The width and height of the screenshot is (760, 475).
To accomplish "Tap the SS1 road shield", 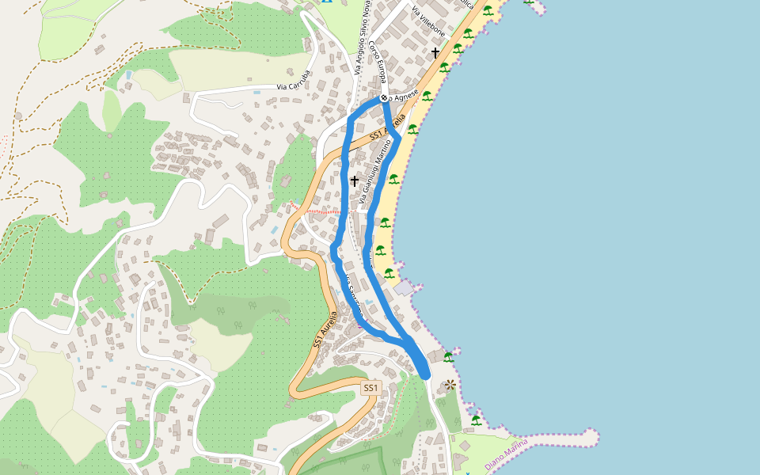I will point(371,388).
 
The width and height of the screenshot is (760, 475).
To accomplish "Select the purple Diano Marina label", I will point(507,457).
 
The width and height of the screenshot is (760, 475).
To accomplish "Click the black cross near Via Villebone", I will point(435,53).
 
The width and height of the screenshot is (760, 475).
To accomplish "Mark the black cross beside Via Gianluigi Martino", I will point(355,181).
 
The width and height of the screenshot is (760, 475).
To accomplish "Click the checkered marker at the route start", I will point(384,97).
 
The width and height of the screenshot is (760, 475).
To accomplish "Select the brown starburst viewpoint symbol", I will point(450,385).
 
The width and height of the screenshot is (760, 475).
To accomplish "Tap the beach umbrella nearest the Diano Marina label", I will point(476,420).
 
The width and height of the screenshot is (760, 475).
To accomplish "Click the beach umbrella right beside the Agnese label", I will point(427,96).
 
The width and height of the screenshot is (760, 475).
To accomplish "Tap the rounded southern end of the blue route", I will point(425,373).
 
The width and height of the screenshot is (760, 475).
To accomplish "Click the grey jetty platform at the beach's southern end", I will point(404,288).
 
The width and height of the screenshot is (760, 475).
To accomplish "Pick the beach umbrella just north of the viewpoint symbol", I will point(449,356).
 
